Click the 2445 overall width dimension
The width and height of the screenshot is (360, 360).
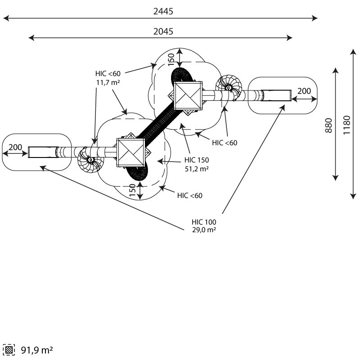[x=163, y=11]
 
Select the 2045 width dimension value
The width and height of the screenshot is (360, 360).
[x=163, y=31]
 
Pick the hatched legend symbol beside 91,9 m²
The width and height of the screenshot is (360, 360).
[x=9, y=350]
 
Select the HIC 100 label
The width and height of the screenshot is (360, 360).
[x=204, y=222]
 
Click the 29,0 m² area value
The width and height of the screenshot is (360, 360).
[x=204, y=229]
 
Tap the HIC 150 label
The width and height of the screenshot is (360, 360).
[x=197, y=160]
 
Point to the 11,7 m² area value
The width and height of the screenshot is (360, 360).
[x=108, y=82]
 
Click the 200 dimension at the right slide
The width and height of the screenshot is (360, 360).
[x=304, y=91]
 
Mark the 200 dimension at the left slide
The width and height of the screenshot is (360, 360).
[x=15, y=148]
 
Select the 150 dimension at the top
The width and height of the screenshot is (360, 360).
[x=171, y=58]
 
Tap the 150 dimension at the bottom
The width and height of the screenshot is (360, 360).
[x=133, y=189]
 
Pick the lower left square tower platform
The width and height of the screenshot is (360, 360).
[x=131, y=153]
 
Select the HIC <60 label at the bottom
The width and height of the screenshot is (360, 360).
[x=189, y=195]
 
